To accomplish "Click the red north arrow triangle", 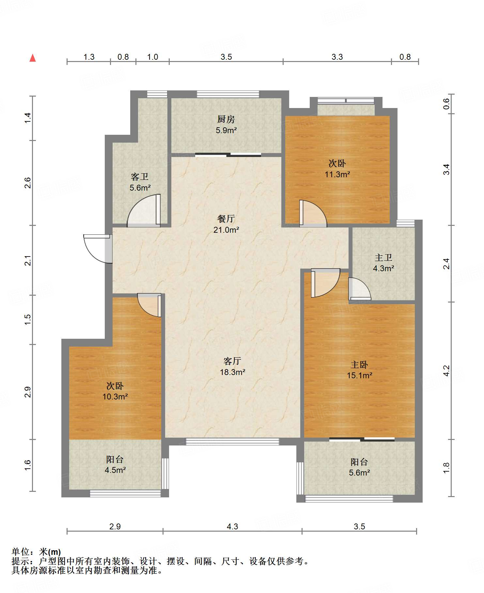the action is pyautogui.click(x=33, y=58).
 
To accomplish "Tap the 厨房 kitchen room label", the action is pyautogui.click(x=226, y=119).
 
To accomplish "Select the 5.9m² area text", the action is pyautogui.click(x=226, y=130).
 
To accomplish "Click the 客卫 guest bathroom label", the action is pyautogui.click(x=140, y=177).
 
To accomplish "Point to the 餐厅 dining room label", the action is pyautogui.click(x=226, y=219).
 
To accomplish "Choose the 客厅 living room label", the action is pyautogui.click(x=232, y=361).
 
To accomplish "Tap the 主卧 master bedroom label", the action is pyautogui.click(x=359, y=365).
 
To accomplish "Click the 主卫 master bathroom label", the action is pyautogui.click(x=383, y=258).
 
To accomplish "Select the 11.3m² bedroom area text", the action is pyautogui.click(x=337, y=174).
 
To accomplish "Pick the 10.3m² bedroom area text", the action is pyautogui.click(x=115, y=397).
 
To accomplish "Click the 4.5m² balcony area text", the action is pyautogui.click(x=115, y=470).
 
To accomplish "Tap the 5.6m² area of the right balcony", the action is pyautogui.click(x=359, y=473).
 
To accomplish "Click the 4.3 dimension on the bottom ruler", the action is pyautogui.click(x=232, y=526).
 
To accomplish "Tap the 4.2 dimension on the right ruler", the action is pyautogui.click(x=446, y=370).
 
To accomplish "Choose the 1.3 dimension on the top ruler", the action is pyautogui.click(x=89, y=57).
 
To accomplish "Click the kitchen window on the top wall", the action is pyautogui.click(x=228, y=94).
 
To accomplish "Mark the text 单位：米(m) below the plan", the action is pyautogui.click(x=36, y=552).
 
